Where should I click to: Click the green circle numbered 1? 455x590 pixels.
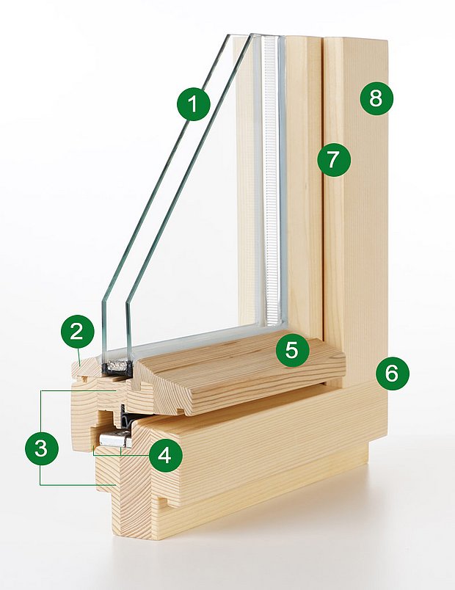click(x=193, y=104)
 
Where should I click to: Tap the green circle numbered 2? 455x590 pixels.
click(x=77, y=332)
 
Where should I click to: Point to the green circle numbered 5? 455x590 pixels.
click(x=292, y=350)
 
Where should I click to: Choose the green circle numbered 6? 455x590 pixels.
click(x=391, y=373)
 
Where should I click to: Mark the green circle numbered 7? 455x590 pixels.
click(x=334, y=159)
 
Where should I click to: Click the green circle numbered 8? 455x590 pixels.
click(x=376, y=98)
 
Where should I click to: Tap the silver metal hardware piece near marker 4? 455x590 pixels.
click(x=114, y=440)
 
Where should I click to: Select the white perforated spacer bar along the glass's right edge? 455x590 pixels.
click(x=272, y=183)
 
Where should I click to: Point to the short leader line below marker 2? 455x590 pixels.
click(x=79, y=353)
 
